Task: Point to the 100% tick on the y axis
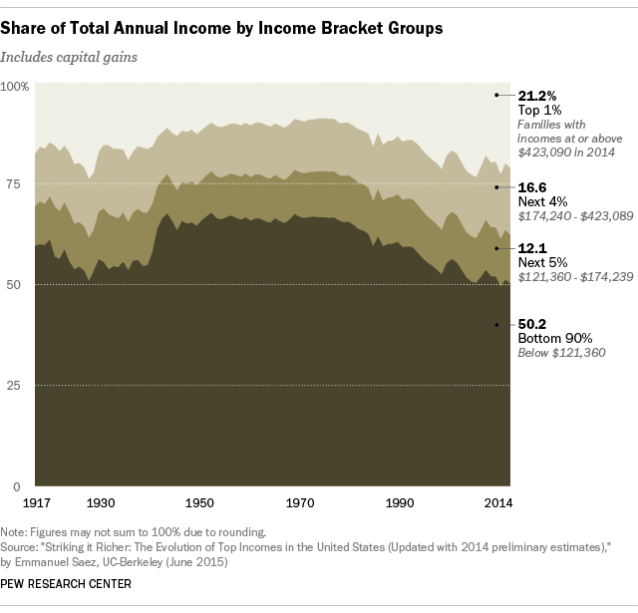[x=16, y=87]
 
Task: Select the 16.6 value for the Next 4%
[x=532, y=186]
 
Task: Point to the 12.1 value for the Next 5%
[x=531, y=247]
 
